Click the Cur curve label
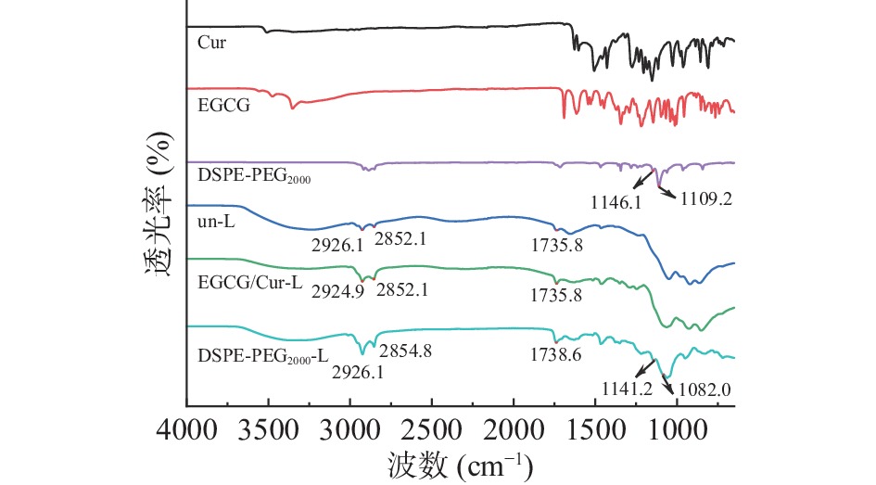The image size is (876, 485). click(211, 42)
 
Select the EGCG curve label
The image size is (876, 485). click(218, 106)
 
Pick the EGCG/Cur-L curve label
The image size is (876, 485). click(250, 283)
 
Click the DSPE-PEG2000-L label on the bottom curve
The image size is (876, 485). click(263, 354)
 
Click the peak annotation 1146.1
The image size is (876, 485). click(616, 198)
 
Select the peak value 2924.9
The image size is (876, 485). click(337, 288)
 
